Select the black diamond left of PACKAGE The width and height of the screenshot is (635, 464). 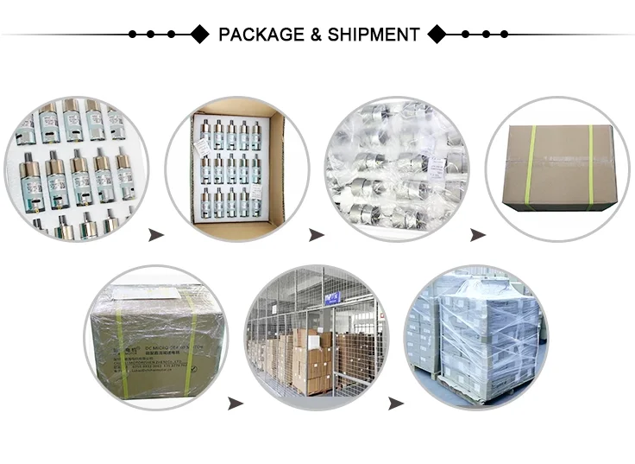click(x=199, y=35)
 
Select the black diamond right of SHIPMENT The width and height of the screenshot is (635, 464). click(x=437, y=35)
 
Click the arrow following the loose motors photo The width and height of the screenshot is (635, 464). click(x=156, y=235)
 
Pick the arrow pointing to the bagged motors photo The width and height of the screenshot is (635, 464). click(x=317, y=235)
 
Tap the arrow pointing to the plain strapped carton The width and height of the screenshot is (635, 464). click(x=477, y=235)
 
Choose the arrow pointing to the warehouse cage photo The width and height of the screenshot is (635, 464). click(x=235, y=404)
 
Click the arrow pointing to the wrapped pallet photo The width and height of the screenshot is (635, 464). click(x=396, y=404)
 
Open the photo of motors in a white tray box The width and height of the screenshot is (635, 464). click(x=237, y=168)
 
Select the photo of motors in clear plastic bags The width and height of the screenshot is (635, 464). click(x=396, y=168)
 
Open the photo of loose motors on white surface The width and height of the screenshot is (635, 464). click(x=77, y=168)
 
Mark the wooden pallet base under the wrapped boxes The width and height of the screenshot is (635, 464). click(x=475, y=391)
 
